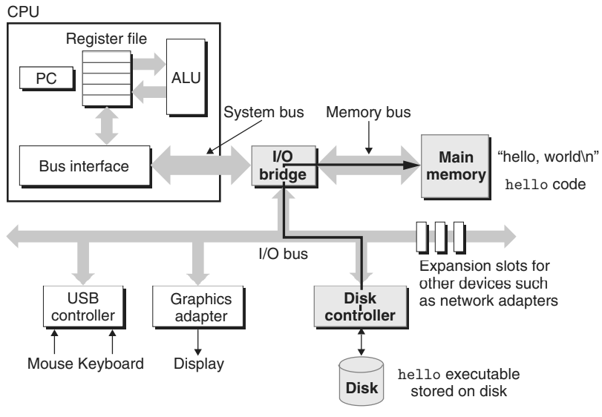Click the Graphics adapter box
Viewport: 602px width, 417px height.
coord(197,306)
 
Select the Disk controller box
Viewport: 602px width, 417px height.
coord(363,306)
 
